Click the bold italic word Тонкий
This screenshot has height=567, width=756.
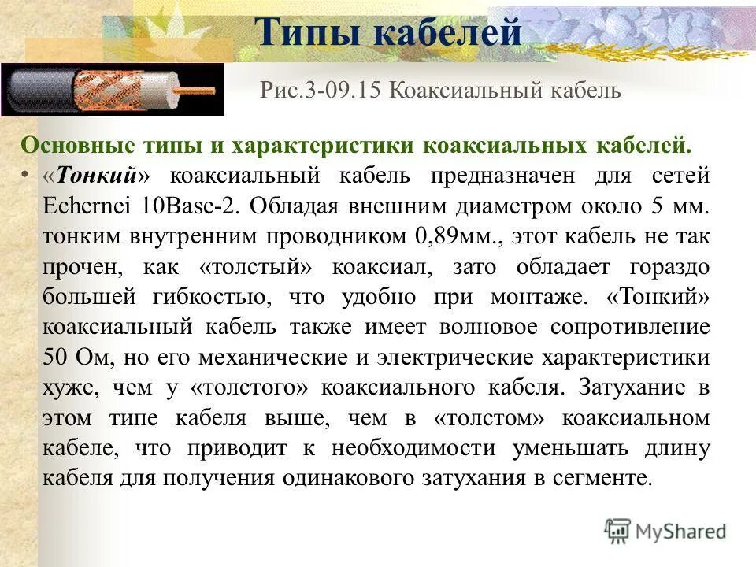tap(93, 176)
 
